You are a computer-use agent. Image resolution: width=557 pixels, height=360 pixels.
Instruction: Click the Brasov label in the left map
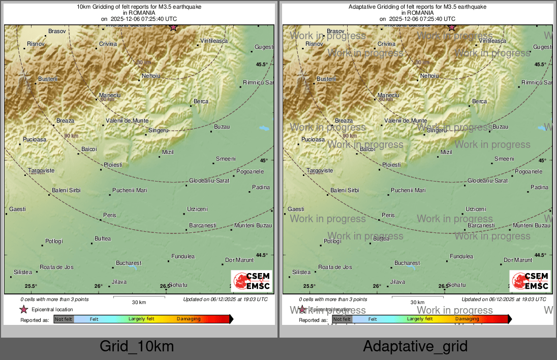(57, 32)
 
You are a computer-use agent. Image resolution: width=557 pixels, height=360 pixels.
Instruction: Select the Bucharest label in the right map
(407, 263)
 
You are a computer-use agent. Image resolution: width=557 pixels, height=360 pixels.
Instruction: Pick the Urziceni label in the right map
(476, 209)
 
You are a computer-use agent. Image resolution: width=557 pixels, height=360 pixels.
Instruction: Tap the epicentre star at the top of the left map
(173, 27)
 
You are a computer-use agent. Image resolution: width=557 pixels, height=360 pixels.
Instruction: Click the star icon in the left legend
(23, 309)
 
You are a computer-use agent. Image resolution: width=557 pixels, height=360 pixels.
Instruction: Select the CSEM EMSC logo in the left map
(252, 281)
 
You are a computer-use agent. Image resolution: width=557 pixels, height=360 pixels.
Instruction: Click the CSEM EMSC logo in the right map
(530, 281)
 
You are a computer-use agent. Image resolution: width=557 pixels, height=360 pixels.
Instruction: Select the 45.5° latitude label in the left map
(262, 65)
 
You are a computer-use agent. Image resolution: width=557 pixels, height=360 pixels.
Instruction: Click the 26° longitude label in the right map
(377, 286)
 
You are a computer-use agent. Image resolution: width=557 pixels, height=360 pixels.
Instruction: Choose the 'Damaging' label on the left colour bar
(189, 319)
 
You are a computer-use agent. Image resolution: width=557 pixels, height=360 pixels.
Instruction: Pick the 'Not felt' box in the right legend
(342, 319)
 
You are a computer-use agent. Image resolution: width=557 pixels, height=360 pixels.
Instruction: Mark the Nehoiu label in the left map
(151, 76)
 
